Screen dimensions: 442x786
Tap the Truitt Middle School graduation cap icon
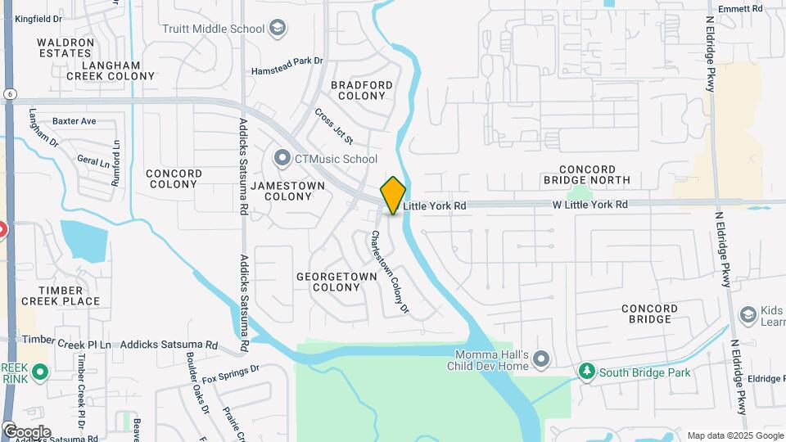pyautogui.click(x=278, y=29)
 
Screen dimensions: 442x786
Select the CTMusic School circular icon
pyautogui.click(x=282, y=158)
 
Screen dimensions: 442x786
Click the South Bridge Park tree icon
pyautogui.click(x=586, y=372)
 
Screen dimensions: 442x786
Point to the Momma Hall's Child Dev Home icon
pyautogui.click(x=540, y=359)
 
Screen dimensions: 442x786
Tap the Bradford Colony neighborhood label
pyautogui.click(x=361, y=90)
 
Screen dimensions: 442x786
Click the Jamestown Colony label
pyautogui.click(x=287, y=191)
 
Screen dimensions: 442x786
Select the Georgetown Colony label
pyautogui.click(x=337, y=282)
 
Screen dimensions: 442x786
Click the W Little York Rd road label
pyautogui.click(x=589, y=204)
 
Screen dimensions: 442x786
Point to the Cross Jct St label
pyautogui.click(x=333, y=127)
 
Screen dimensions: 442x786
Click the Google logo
pyautogui.click(x=26, y=431)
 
